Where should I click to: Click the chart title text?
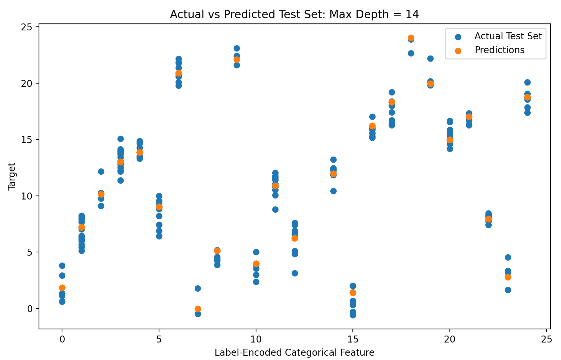click(294, 15)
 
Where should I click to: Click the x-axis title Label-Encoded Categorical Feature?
click(294, 353)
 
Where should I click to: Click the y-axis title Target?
click(12, 176)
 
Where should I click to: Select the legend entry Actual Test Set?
click(508, 36)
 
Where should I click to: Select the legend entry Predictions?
click(499, 50)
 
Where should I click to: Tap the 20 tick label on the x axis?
click(449, 338)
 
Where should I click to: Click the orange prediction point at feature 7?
click(198, 309)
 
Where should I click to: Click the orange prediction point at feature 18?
click(411, 38)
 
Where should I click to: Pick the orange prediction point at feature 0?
click(62, 288)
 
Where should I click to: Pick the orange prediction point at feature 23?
click(508, 277)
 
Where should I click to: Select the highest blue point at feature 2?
click(101, 171)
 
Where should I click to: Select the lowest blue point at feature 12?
click(295, 273)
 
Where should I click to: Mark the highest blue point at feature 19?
click(430, 58)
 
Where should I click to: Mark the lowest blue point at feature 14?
click(333, 191)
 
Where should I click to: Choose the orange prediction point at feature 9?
click(237, 59)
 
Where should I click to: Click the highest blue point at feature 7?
click(198, 288)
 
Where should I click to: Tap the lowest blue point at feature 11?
click(275, 209)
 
